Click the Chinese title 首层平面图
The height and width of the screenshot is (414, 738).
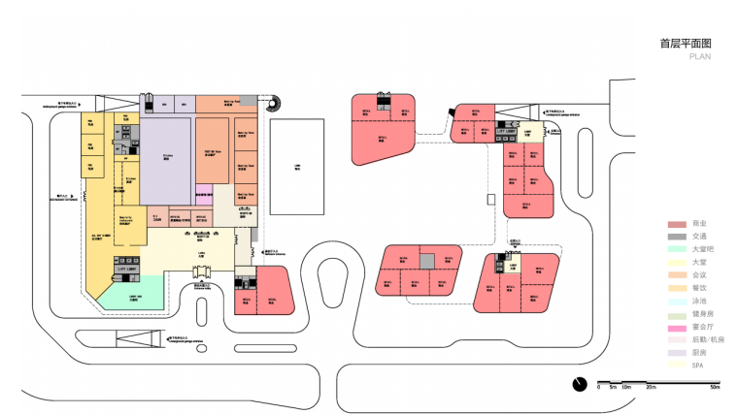tap(685, 44)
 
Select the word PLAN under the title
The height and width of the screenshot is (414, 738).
tap(700, 57)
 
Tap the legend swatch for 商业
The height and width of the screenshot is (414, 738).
tap(677, 224)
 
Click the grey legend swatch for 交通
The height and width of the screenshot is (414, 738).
tap(677, 237)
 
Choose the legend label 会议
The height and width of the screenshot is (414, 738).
tap(700, 275)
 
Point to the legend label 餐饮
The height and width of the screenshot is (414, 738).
tap(700, 288)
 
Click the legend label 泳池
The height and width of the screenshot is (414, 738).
tap(700, 302)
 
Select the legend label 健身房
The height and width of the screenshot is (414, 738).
tap(703, 314)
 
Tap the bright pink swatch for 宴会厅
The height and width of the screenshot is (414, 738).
tap(677, 327)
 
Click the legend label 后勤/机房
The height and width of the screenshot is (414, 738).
tap(708, 340)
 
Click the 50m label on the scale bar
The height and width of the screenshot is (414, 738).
tap(715, 388)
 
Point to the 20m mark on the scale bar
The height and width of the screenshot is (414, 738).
tap(650, 388)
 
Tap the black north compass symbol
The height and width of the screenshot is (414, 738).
tap(579, 383)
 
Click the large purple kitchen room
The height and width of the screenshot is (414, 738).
tap(169, 160)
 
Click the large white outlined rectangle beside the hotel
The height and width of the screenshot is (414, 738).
tap(296, 166)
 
